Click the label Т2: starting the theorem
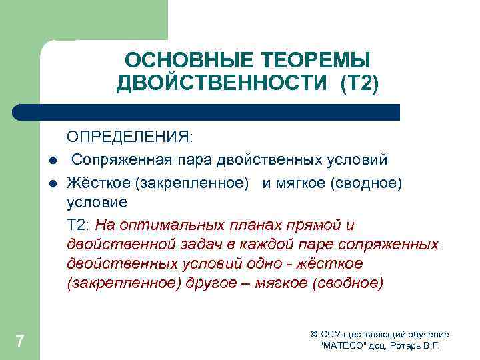(x=79, y=223)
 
